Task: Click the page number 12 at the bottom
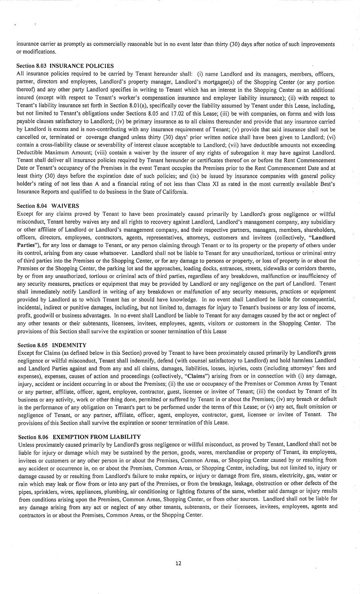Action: click(178, 563)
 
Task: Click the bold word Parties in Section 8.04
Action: click(26, 245)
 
